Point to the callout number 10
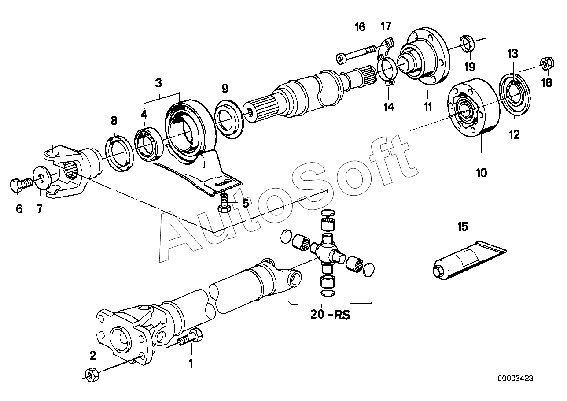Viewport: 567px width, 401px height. (x=481, y=172)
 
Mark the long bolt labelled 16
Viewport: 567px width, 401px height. (x=355, y=56)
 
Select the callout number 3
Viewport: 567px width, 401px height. (x=158, y=82)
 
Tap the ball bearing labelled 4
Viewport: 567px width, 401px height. (x=149, y=142)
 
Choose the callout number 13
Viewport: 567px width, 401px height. (x=512, y=54)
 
